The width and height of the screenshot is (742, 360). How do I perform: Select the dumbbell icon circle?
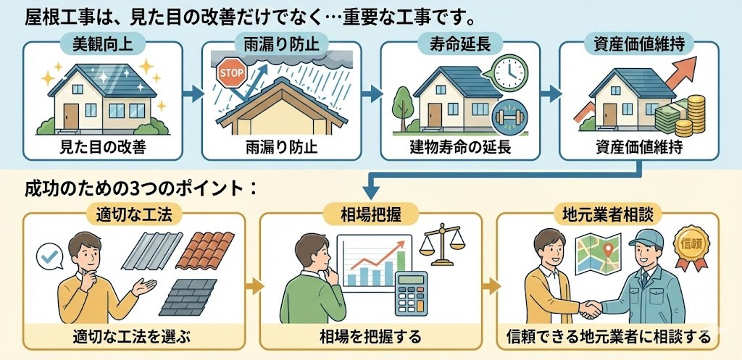(509, 117)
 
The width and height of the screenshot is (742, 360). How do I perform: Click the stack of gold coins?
(691, 116)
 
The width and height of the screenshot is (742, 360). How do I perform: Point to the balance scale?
(443, 244)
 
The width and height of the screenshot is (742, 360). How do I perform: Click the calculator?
(411, 293)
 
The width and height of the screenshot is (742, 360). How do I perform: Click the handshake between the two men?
(590, 309)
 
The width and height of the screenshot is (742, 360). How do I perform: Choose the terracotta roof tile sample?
(204, 250)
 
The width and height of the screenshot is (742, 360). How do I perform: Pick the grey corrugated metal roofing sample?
(152, 251)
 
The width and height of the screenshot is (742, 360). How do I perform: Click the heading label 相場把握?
(370, 215)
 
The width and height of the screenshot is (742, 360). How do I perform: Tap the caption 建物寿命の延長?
(460, 148)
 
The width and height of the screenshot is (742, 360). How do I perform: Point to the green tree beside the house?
(403, 108)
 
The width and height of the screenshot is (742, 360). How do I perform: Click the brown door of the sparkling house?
(71, 116)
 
